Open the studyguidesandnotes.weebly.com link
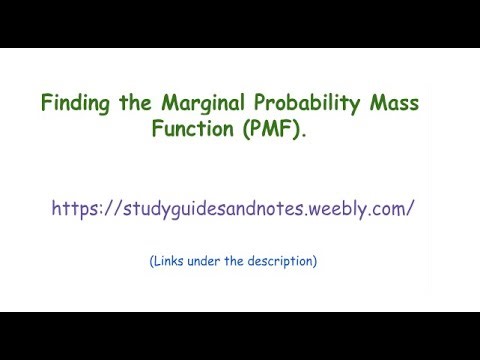(x=233, y=209)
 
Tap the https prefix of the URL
(x=75, y=209)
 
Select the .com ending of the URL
(x=390, y=209)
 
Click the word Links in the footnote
(x=171, y=262)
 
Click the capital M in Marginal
(x=165, y=103)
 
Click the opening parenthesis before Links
(x=152, y=262)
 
